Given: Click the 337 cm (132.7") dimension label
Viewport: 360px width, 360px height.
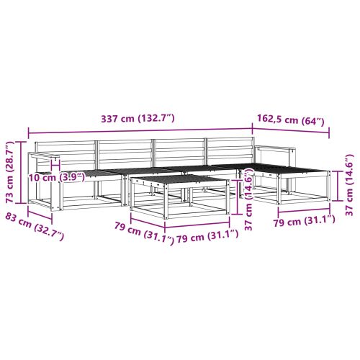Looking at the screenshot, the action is coord(138,119).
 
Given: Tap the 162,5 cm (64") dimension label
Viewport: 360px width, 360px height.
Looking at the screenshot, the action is coord(291,120).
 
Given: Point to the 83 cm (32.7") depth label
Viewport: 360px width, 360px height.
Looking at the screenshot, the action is coord(35,226).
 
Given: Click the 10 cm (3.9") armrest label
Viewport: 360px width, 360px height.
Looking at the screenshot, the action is coord(57,178).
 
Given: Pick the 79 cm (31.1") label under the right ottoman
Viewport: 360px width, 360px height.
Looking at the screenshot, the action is coord(304,221).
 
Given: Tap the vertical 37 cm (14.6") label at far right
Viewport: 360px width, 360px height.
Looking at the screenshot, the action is coord(349,185).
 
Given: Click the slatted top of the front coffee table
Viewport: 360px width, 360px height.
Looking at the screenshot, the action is coord(179,180).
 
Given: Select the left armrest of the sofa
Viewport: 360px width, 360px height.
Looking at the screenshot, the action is coord(43,155).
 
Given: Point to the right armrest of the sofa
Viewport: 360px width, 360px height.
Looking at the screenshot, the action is coord(275,148).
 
